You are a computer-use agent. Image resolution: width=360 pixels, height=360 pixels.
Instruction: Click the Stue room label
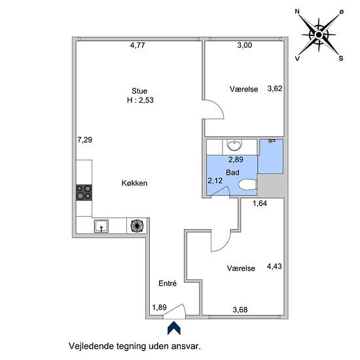click(x=139, y=91)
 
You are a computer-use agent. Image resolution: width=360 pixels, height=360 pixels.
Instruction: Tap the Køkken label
click(x=134, y=183)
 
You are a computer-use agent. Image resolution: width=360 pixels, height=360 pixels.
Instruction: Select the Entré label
click(x=168, y=283)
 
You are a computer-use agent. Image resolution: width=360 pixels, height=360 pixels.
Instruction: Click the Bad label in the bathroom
click(x=232, y=172)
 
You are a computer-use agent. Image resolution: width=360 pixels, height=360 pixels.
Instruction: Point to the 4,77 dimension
click(x=137, y=45)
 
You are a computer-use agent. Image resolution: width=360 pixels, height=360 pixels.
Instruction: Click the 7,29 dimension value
click(x=84, y=139)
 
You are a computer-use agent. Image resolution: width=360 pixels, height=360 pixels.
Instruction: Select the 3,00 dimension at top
click(x=245, y=45)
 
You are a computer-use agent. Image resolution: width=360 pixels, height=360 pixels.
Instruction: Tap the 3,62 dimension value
click(x=275, y=88)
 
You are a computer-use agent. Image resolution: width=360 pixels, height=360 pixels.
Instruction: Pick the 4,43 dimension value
click(x=274, y=266)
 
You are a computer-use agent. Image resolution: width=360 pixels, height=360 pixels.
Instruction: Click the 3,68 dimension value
click(x=240, y=310)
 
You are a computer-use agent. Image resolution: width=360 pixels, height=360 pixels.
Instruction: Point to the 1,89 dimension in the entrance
click(x=159, y=307)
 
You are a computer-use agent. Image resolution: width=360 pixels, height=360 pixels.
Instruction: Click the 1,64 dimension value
click(x=260, y=203)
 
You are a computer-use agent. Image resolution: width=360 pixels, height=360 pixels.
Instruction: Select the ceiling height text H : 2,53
click(x=140, y=100)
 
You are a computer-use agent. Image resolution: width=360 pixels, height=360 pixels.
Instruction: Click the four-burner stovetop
click(x=84, y=192)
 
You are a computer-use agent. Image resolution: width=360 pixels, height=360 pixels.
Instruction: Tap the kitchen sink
click(x=101, y=226)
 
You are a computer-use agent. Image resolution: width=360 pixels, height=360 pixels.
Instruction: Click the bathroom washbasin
click(x=234, y=145)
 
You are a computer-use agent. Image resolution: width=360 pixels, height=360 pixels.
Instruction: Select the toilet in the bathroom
click(x=247, y=185)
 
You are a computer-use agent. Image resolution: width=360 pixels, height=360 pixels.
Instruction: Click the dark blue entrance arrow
click(x=174, y=328)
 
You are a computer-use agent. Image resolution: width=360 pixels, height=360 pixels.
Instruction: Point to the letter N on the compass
click(x=297, y=12)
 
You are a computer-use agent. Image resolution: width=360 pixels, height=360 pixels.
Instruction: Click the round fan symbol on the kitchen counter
click(x=137, y=226)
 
